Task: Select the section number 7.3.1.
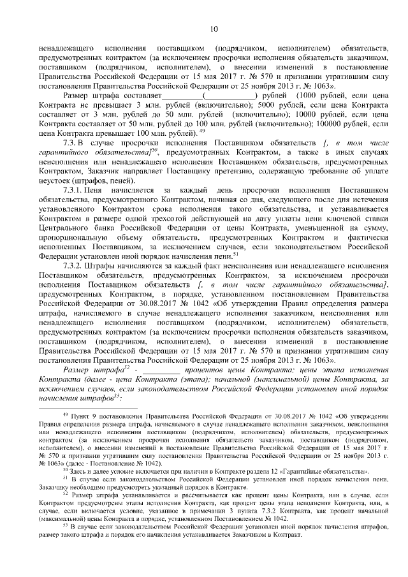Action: [74, 191]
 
